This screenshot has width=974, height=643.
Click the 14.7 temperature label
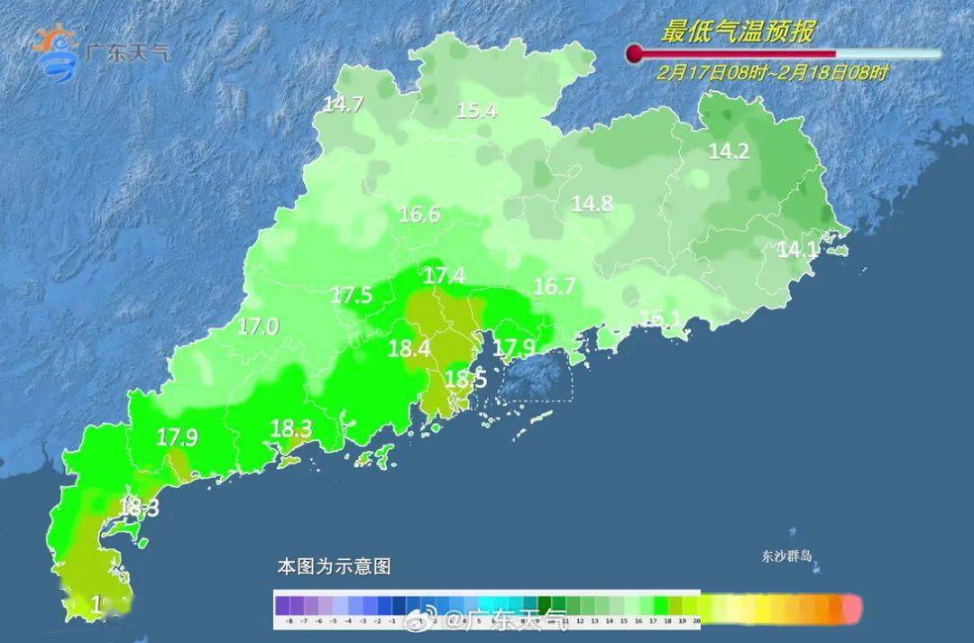point(343,105)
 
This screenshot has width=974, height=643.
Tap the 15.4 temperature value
point(477,111)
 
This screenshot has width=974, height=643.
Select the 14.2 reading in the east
point(729,152)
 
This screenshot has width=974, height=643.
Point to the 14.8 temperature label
point(593,204)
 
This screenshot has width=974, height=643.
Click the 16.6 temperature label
point(419,215)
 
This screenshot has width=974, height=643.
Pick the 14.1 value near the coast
point(797,250)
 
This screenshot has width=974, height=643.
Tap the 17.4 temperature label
point(445,275)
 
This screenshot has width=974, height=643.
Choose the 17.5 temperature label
point(352,295)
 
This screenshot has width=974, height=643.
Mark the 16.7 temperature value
point(555,287)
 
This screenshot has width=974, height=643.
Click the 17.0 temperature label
point(258,326)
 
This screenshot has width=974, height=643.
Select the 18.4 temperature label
point(409,348)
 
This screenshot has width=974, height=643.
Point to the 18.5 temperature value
point(465,380)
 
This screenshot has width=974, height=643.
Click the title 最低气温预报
point(738,33)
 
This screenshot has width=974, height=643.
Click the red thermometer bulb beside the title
point(634,53)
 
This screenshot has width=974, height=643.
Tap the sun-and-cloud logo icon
point(56,52)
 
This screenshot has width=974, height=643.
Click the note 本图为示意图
point(334,567)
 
